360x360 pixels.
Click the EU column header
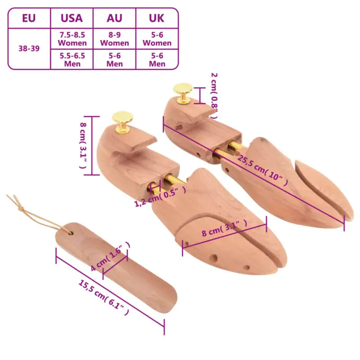28,18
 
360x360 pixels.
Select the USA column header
72,18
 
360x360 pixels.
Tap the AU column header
114,18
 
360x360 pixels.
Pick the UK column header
157,18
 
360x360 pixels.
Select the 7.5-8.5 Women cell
72,39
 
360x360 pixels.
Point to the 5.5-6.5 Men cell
72,59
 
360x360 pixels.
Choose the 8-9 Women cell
114,39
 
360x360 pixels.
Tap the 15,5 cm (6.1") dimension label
104,298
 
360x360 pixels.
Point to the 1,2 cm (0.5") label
160,197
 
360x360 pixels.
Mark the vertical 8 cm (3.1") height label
83,146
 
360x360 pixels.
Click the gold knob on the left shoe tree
122,120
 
